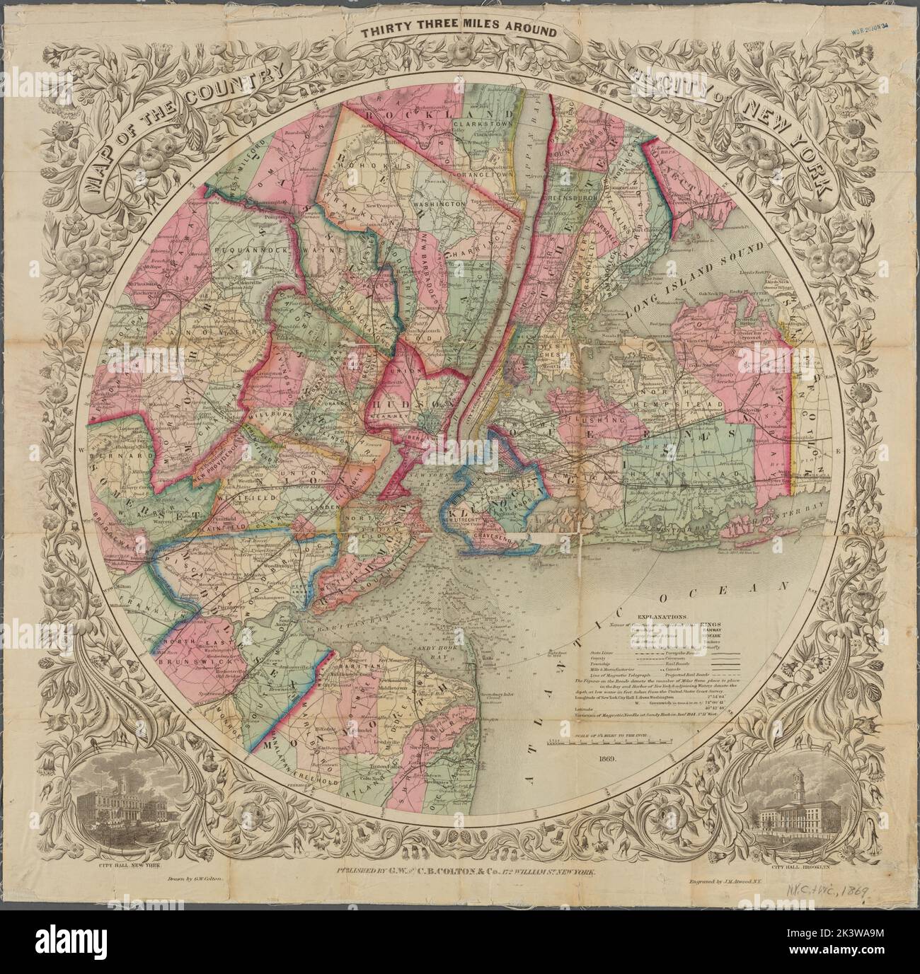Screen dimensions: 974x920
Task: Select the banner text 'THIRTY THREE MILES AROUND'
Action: click(x=459, y=32)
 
